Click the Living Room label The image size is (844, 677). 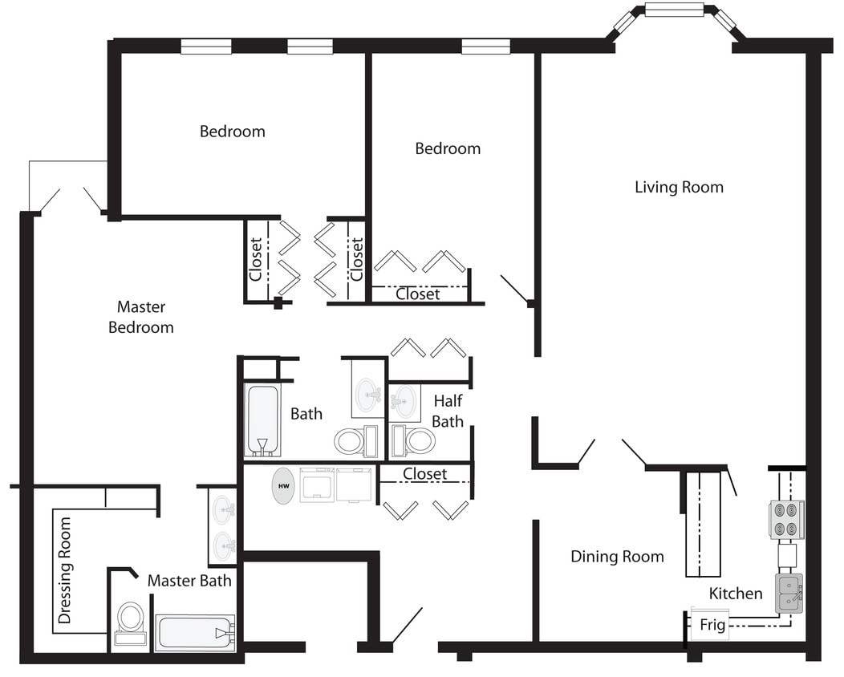click(679, 187)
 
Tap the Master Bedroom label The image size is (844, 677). click(141, 317)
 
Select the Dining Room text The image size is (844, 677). click(617, 556)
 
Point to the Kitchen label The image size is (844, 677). click(736, 594)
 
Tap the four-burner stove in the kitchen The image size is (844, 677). click(787, 520)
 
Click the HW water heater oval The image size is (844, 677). click(283, 486)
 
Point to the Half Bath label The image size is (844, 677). click(448, 411)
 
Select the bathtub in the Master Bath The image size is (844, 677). click(195, 633)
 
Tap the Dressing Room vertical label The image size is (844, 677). click(65, 570)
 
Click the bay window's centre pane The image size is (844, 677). click(674, 10)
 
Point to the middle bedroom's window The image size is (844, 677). click(485, 47)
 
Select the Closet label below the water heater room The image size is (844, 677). click(424, 474)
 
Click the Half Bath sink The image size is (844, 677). click(404, 400)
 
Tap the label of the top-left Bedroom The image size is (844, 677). click(232, 131)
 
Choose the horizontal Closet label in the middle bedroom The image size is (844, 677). click(418, 294)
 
